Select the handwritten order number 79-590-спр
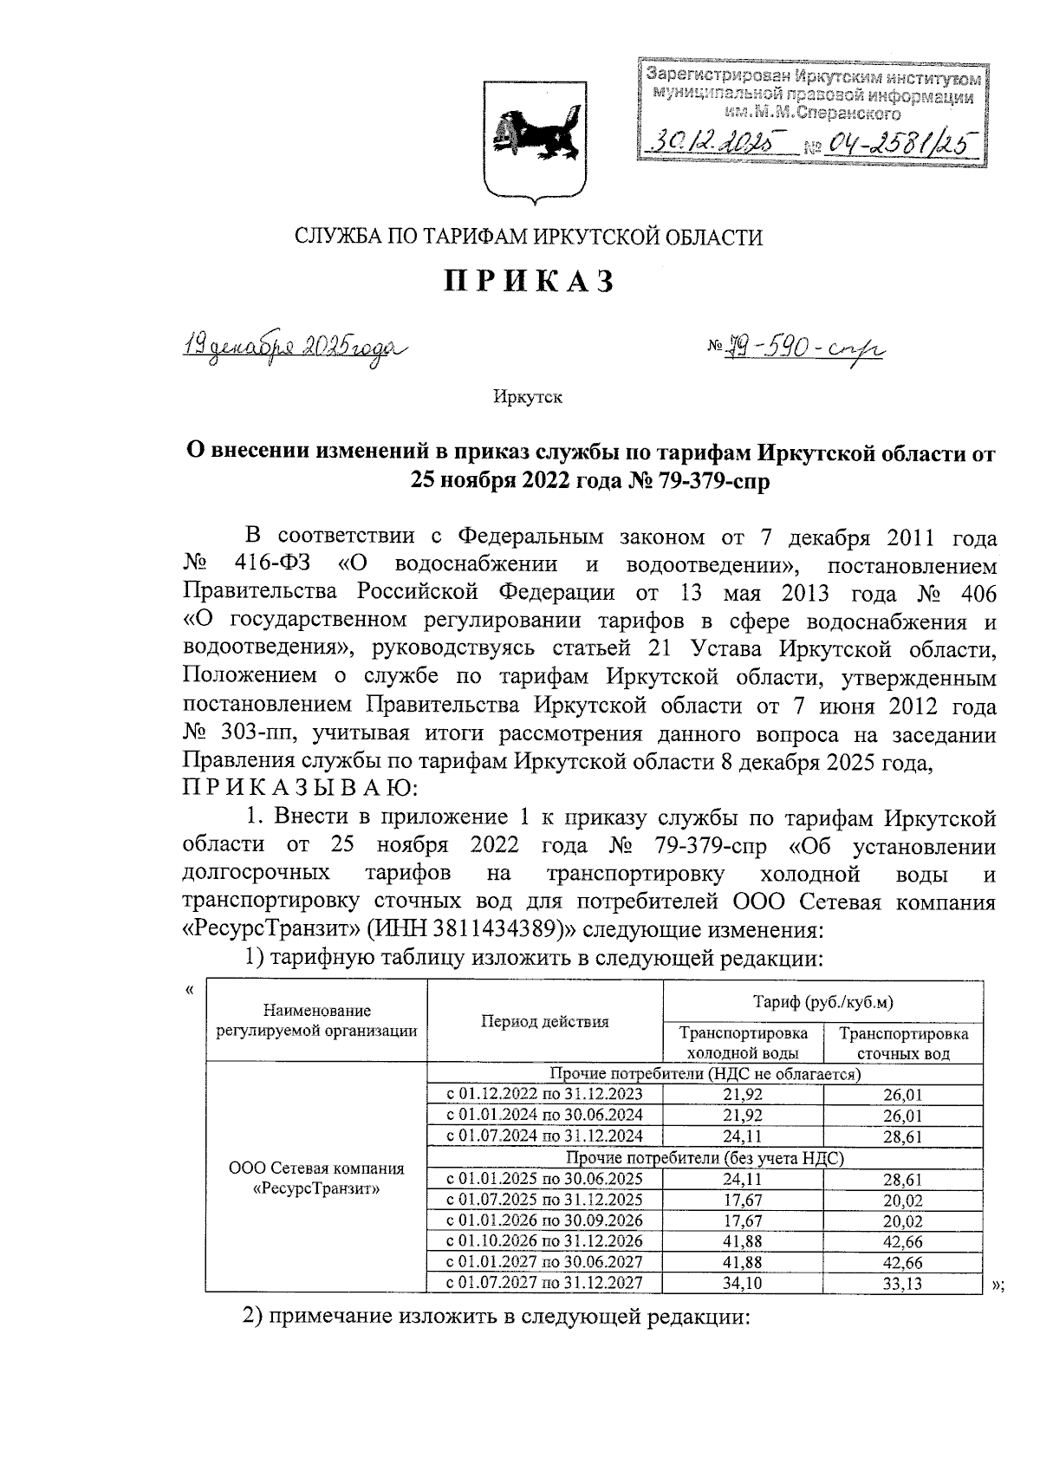point(796,349)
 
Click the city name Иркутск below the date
point(528,397)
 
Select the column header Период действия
point(545,1021)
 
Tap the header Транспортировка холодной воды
point(743,1043)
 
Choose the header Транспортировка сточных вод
point(903,1043)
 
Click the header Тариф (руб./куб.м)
point(822,1002)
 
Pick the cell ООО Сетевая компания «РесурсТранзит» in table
point(316,1178)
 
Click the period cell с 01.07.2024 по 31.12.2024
point(544,1136)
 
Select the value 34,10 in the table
point(743,1284)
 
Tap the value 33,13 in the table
point(903,1284)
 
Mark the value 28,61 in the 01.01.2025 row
point(903,1179)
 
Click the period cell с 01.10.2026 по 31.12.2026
point(544,1241)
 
